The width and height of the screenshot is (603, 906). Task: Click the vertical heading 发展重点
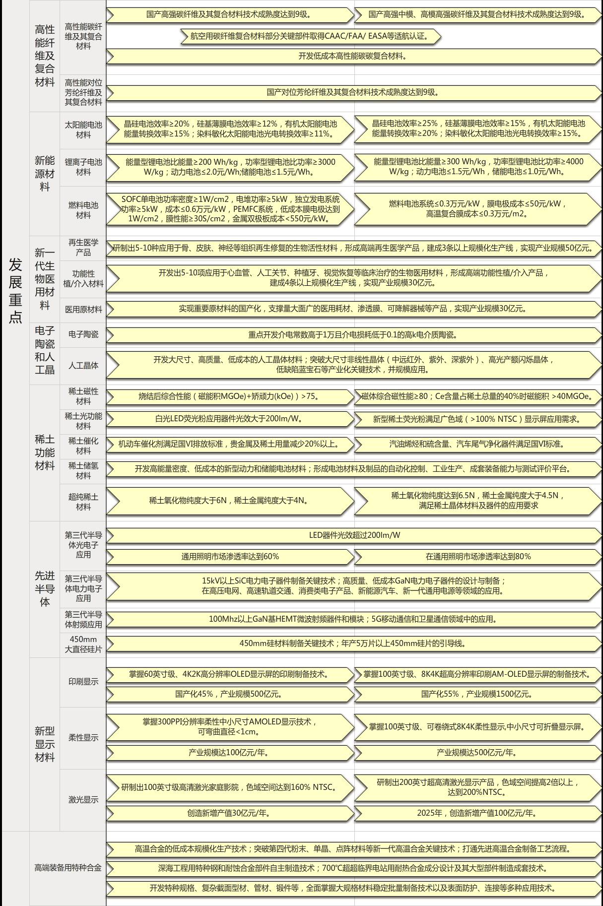[x=15, y=290]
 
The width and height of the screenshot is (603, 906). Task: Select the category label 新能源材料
[x=45, y=174]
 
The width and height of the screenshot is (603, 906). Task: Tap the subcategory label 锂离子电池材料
[x=83, y=167]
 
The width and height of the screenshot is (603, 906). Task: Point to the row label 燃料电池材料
[x=83, y=210]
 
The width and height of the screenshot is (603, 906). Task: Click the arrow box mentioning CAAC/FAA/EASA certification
[x=310, y=36]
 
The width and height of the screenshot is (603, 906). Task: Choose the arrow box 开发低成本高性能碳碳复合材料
[x=353, y=56]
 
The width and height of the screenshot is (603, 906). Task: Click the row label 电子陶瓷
[x=83, y=334]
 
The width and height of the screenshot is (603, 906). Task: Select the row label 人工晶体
[x=83, y=366]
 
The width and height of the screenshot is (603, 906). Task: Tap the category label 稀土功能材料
[x=45, y=452]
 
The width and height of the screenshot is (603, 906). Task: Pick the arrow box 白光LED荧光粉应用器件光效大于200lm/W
[x=230, y=419]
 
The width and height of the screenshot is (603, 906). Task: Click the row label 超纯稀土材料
[x=83, y=502]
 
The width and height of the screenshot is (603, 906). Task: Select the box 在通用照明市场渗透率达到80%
[x=478, y=557]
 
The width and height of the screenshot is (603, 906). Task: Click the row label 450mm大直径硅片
[x=83, y=644]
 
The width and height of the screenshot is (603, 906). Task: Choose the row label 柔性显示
[x=83, y=738]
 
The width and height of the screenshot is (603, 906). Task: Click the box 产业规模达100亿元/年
[x=230, y=753]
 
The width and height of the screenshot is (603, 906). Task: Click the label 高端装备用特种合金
[x=67, y=868]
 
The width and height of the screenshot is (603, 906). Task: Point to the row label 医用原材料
[x=83, y=310]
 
